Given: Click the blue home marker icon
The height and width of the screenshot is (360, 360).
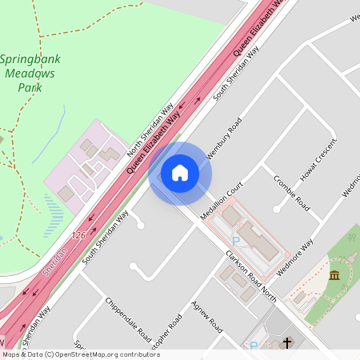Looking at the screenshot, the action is tap(180, 173).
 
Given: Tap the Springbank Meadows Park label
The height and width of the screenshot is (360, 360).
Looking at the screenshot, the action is tap(30, 73).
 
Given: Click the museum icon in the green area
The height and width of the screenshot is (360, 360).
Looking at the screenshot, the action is tap(334, 276).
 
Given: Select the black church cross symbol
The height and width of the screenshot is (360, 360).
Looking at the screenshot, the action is tap(287, 343).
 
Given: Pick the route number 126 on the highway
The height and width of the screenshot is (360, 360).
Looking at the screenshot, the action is tap(78, 235).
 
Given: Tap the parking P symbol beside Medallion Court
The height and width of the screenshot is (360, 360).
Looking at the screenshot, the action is tap(235, 240).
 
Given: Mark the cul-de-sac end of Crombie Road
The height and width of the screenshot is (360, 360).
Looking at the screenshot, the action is tap(276, 210).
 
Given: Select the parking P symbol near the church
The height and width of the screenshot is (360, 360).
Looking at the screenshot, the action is tap(254, 346).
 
